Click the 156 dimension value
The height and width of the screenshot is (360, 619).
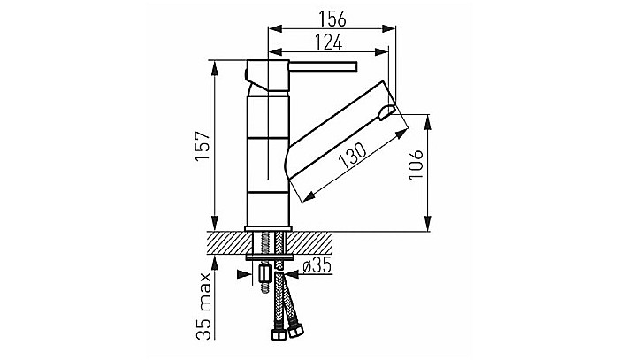tap(332, 19)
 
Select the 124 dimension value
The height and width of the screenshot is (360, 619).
tap(328, 42)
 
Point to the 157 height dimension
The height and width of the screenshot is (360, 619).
tap(204, 146)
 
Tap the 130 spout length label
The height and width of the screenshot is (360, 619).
tap(353, 156)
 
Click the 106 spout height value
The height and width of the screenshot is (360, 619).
tap(416, 165)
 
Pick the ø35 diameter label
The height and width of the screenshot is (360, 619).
tap(317, 266)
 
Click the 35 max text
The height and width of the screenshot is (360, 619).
tap(204, 306)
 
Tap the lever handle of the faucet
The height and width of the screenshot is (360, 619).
tap(324, 66)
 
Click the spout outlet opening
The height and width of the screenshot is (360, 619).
tap(387, 112)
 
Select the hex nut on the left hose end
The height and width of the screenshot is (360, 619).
tap(279, 334)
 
